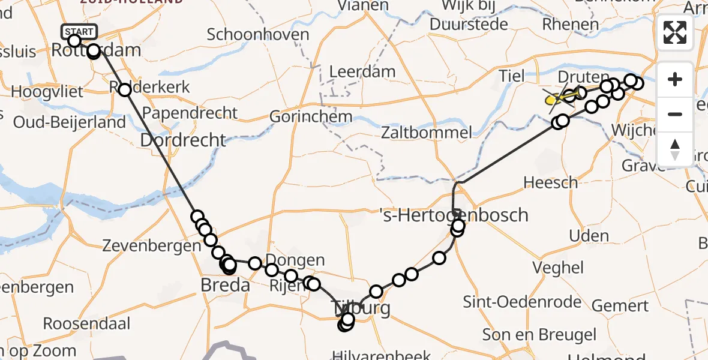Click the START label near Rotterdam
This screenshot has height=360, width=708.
click(79, 32)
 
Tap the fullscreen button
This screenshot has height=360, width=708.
click(675, 32)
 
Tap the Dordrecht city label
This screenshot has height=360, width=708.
click(183, 140)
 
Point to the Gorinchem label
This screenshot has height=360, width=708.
click(310, 116)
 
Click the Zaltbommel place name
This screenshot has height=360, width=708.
click(425, 132)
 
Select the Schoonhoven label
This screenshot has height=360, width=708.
click(258, 34)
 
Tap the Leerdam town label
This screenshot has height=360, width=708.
click(362, 72)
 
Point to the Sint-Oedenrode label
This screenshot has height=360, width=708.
click(523, 302)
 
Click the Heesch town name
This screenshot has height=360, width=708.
click(550, 182)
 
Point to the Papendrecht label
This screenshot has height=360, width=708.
click(190, 112)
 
